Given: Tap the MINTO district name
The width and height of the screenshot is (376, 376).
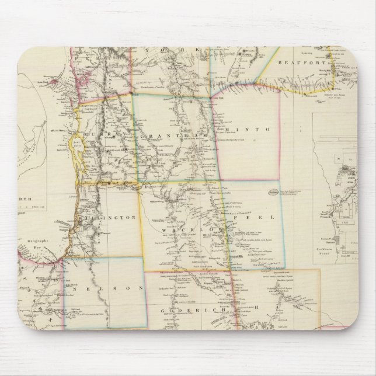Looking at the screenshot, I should click(249, 130).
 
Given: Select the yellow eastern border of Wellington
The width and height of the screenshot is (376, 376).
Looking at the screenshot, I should click(138, 219).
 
